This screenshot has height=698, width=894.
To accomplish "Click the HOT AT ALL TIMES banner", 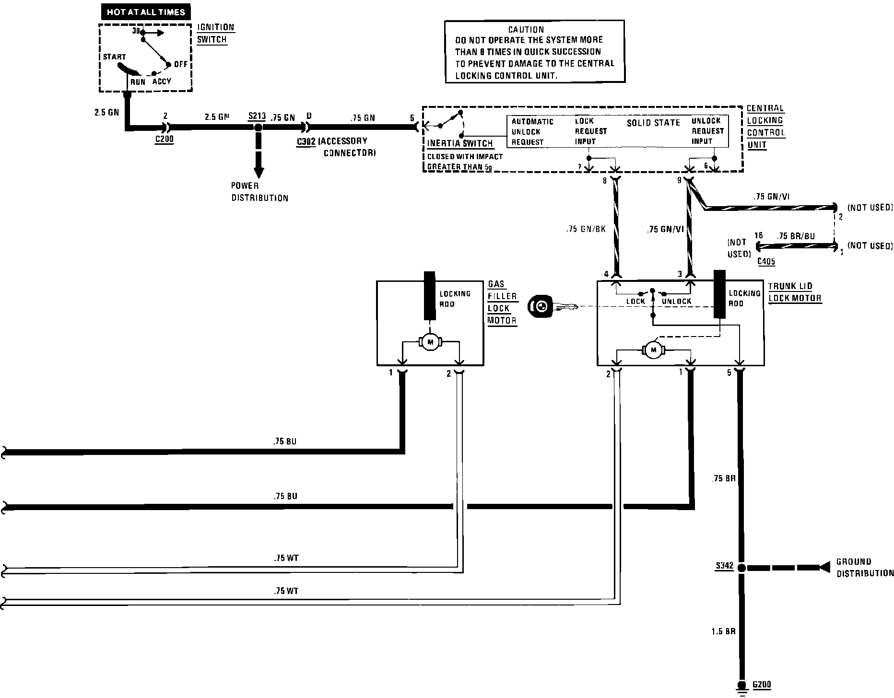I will [146, 12].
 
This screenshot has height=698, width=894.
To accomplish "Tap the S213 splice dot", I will [258, 128].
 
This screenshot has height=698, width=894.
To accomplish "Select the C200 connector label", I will [164, 140].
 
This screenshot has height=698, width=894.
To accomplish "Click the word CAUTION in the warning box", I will [526, 30].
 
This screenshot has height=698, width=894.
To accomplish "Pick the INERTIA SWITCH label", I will [460, 143].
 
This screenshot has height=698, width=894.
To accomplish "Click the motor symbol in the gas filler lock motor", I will [430, 342].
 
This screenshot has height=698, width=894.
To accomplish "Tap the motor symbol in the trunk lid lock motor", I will [653, 350].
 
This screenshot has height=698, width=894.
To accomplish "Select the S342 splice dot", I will [741, 568].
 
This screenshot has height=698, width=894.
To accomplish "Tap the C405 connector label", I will [766, 261].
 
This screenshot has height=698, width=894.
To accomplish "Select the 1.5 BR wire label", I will [723, 632].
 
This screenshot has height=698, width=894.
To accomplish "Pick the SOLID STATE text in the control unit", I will [653, 123].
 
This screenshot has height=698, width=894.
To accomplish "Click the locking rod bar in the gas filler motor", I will [429, 295].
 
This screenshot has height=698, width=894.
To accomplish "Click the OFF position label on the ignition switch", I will [181, 64].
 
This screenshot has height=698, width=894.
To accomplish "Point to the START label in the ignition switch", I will [114, 57].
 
